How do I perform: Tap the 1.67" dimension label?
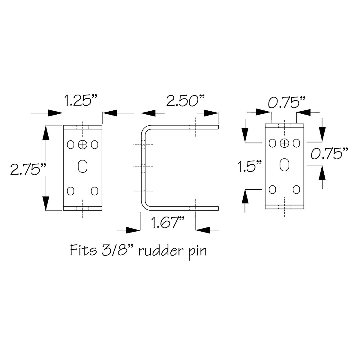[x=168, y=223]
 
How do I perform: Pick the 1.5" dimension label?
[x=250, y=166]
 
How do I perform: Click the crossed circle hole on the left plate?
[x=82, y=145]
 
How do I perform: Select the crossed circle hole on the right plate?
[x=284, y=143]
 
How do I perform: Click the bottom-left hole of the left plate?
[x=70, y=190]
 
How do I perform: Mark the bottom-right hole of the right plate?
[x=296, y=189]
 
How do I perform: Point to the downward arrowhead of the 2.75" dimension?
[x=46, y=203]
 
